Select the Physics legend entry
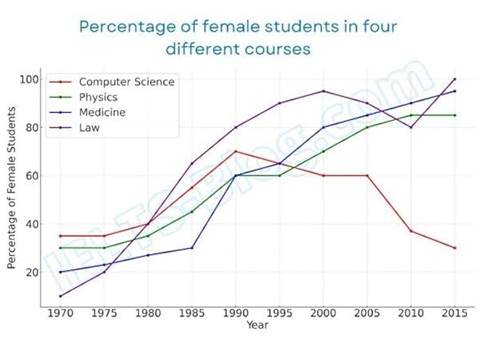[x=100, y=98]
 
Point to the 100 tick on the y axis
[x=28, y=79]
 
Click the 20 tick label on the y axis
[x=30, y=272]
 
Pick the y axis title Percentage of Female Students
[x=12, y=188]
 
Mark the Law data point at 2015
[x=455, y=79]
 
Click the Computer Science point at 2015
[x=455, y=248]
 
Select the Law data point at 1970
[x=60, y=296]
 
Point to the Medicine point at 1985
[x=192, y=248]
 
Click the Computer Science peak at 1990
[x=236, y=151]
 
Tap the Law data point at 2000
[x=323, y=91]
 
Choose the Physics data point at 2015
[x=455, y=115]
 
